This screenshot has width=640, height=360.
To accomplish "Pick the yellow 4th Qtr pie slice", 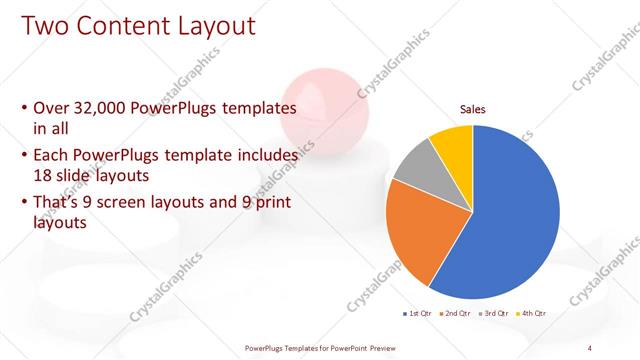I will click(453, 142).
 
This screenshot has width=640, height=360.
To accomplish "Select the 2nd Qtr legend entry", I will click(455, 314).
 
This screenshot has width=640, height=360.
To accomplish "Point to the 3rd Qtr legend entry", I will click(494, 314).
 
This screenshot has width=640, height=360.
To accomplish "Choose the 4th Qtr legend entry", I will click(533, 314).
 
